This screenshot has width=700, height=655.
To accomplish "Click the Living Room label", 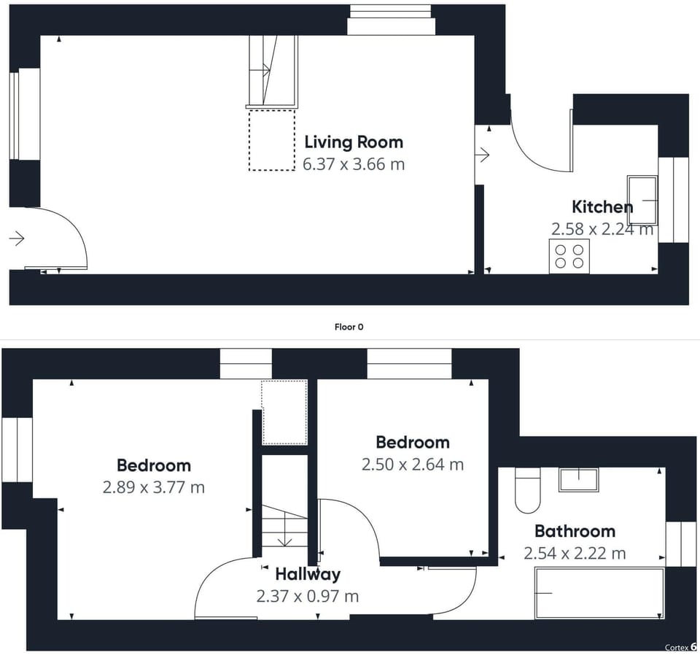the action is (x=354, y=142).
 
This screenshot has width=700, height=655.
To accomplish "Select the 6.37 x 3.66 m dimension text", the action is (x=354, y=164).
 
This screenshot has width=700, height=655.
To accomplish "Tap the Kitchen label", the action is (x=602, y=206).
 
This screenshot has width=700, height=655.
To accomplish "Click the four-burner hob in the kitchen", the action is (x=569, y=256).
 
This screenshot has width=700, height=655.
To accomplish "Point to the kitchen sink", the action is (x=642, y=201).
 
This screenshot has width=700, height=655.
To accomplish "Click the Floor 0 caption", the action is (x=349, y=327).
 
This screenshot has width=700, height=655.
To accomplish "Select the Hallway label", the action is (x=308, y=574).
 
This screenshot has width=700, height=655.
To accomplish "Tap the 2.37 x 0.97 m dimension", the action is (x=308, y=596).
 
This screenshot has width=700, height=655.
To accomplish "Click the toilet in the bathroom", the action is (x=528, y=490).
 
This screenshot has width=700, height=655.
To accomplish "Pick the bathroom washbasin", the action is (x=578, y=480).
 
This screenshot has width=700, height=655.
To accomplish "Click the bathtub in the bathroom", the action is (x=600, y=594).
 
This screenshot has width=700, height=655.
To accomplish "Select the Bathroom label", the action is (x=575, y=531).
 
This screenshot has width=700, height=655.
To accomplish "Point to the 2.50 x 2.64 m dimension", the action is (x=413, y=465).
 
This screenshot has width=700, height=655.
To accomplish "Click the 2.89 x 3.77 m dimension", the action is (x=154, y=487).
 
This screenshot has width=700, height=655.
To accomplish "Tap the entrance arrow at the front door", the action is (x=17, y=239).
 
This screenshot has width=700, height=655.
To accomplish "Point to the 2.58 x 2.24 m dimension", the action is (x=602, y=229).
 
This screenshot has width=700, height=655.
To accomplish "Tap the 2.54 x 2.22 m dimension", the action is (x=575, y=554).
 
